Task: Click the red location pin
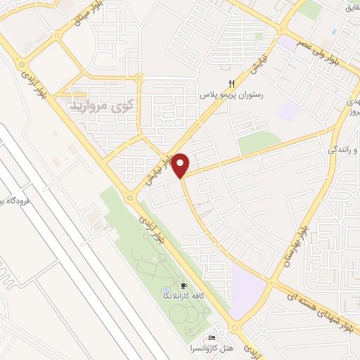[181, 165]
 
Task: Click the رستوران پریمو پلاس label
[231, 94]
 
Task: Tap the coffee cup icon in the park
[184, 285]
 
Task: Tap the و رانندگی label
[341, 150]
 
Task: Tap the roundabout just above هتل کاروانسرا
[234, 327]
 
